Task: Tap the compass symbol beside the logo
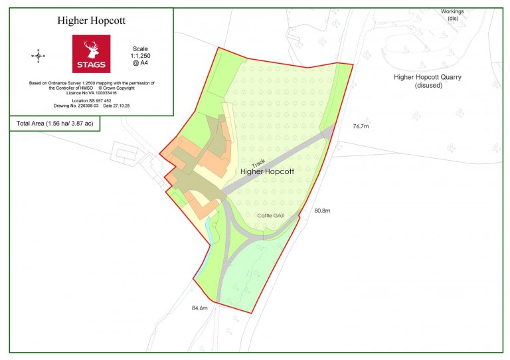(38, 56)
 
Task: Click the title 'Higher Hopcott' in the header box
(92, 21)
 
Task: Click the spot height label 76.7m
(363, 125)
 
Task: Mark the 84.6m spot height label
(200, 308)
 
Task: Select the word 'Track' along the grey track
(258, 166)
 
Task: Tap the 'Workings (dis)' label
(453, 15)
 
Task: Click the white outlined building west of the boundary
(126, 154)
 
